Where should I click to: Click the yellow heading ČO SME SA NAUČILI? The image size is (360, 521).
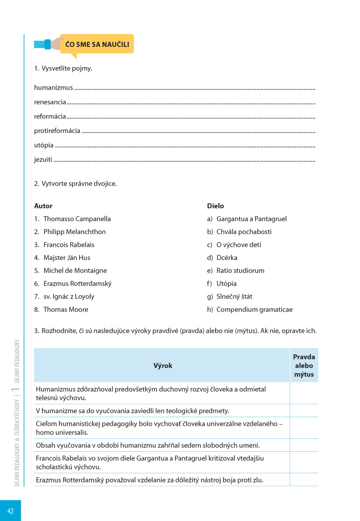pos(97,45)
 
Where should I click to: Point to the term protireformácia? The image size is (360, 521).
pos(57,131)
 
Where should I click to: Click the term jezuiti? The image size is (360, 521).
pos(43,159)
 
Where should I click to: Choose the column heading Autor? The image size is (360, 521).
pos(43,206)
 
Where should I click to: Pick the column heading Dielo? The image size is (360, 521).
pos(216,206)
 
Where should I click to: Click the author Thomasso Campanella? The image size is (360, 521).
pos(77,219)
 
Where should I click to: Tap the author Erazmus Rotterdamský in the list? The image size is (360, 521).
pos(77,283)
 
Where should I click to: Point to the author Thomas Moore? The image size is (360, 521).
pos(66,309)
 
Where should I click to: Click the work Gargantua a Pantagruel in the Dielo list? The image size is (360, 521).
pos(251,219)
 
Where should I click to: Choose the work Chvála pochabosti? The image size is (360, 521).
pos(244,232)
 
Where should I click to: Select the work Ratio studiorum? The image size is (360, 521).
pos(240,270)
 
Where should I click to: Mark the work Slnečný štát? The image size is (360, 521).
pos(234,296)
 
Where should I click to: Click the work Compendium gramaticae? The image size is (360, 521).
pos(254,309)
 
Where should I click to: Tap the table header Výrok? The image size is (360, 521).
pos(163,366)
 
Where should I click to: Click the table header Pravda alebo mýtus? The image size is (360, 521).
pos(304,366)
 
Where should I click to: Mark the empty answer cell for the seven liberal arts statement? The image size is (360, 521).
pos(304,445)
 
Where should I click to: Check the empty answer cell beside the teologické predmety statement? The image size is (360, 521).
pos(304,411)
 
